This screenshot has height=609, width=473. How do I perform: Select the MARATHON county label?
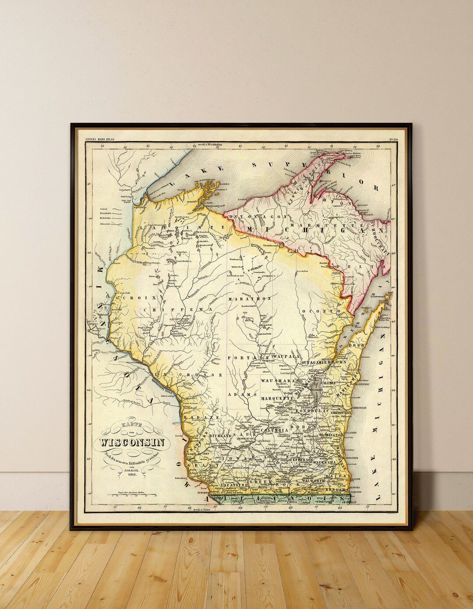(250, 298)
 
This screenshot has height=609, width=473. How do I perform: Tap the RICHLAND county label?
(222, 437)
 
